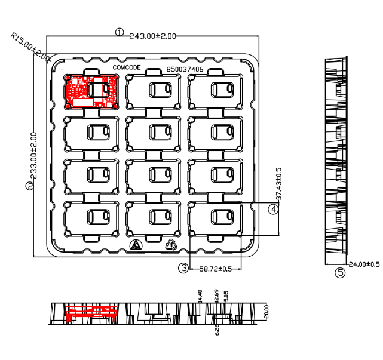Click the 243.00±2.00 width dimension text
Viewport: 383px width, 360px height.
point(153,36)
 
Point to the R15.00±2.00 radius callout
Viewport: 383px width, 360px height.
point(30,46)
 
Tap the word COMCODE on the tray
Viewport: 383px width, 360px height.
point(127,68)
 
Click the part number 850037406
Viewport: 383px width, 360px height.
point(185,69)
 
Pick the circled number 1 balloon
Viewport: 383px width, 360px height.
point(120,32)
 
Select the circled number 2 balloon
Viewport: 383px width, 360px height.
point(30,186)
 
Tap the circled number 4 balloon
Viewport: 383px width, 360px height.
point(272,209)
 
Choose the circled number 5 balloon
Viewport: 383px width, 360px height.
point(340,273)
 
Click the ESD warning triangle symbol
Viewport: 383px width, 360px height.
point(136,245)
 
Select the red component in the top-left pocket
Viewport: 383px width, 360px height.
point(91,91)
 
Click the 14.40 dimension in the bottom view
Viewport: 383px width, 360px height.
point(200,296)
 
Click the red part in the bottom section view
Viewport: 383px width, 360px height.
point(90,311)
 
